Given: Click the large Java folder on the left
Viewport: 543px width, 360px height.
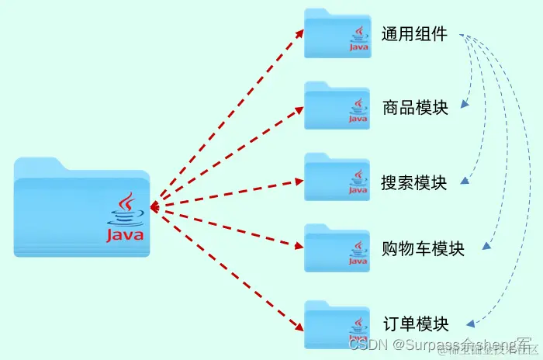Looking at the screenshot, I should tap(81, 208).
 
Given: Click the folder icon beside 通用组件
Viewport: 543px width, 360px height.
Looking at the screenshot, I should tap(337, 34).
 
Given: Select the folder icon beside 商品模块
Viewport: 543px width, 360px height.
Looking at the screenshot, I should tap(337, 106).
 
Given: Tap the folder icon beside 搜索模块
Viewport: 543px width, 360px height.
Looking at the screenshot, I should tap(337, 178).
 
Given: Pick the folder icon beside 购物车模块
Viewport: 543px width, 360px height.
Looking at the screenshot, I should tap(337, 248).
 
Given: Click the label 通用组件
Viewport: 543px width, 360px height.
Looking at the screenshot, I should tap(414, 34).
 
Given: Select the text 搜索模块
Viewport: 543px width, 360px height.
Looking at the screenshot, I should tap(414, 183).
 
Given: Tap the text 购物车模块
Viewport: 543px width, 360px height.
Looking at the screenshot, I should tap(424, 248).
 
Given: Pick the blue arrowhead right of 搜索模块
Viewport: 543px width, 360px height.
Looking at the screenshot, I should tap(465, 181).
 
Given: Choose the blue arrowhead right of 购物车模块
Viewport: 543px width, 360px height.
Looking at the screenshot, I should tap(487, 247).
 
